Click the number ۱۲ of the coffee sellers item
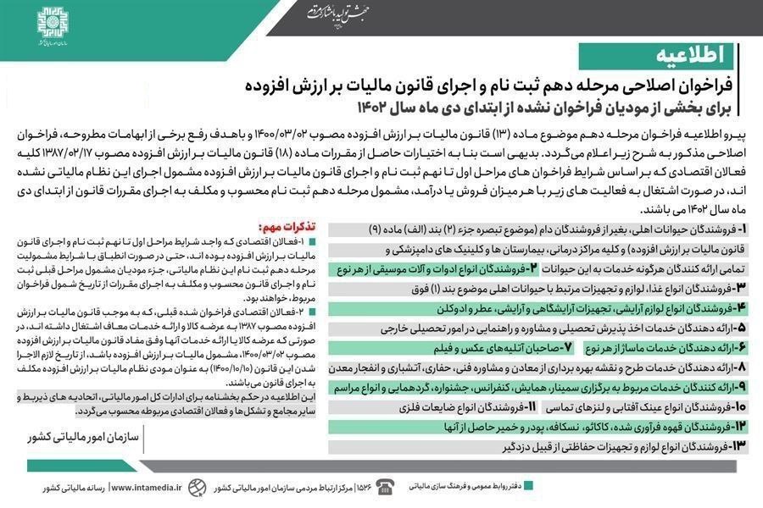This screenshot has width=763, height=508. point(740,426)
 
